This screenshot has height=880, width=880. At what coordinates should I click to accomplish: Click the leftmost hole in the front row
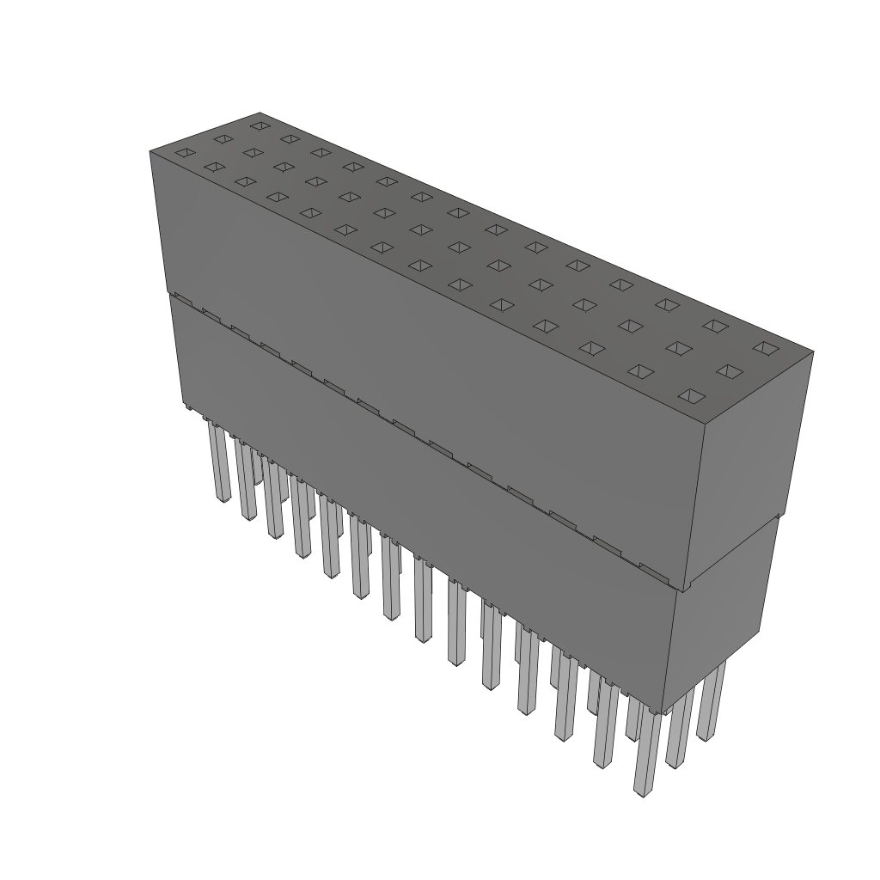tap(185, 153)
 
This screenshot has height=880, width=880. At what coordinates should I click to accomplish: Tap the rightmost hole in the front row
tap(692, 396)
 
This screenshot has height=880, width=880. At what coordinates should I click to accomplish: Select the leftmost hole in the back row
tap(259, 125)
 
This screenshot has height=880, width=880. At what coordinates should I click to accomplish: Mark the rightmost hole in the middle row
tap(729, 371)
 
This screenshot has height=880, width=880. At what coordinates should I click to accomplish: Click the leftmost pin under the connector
tap(218, 464)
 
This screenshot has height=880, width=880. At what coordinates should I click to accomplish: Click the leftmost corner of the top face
tap(150, 150)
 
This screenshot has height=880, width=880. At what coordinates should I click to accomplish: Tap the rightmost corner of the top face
tap(813, 351)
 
